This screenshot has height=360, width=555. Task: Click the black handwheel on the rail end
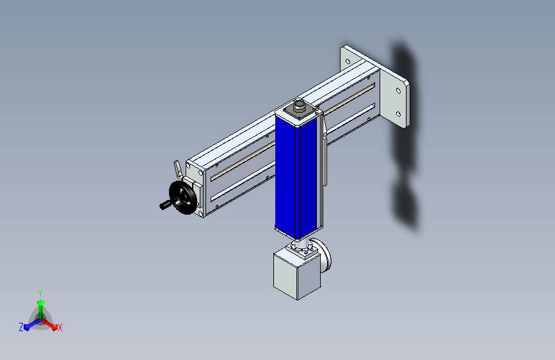click(x=182, y=197)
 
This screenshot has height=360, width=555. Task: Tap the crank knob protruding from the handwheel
click(x=165, y=206)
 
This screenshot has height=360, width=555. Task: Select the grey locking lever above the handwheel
click(x=177, y=170)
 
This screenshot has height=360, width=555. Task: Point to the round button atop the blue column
click(x=299, y=106)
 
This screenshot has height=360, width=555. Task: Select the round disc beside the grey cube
click(x=327, y=254)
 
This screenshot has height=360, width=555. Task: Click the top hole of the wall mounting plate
click(x=399, y=91)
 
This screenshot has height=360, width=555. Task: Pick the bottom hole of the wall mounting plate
click(x=399, y=114)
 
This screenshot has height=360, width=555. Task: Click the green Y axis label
click(x=40, y=291)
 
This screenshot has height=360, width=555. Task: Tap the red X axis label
click(x=60, y=328)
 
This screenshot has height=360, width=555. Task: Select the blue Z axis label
click(x=21, y=327)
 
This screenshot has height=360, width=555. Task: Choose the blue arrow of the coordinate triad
click(x=29, y=324)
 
